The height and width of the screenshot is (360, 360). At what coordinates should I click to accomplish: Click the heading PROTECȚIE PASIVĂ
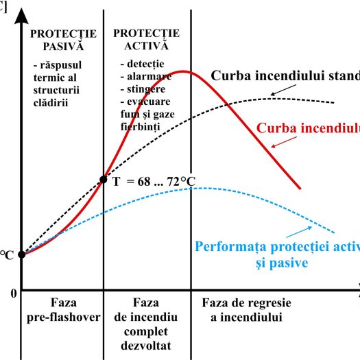(61, 39)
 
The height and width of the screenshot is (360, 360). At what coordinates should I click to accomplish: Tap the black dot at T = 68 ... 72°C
(104, 180)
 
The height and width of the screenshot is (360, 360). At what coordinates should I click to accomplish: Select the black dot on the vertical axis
(21, 254)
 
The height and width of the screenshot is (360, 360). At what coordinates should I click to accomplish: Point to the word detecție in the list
(140, 63)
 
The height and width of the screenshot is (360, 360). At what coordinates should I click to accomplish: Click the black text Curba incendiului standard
(288, 75)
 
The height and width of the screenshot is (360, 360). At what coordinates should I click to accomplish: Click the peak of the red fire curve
(182, 71)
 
